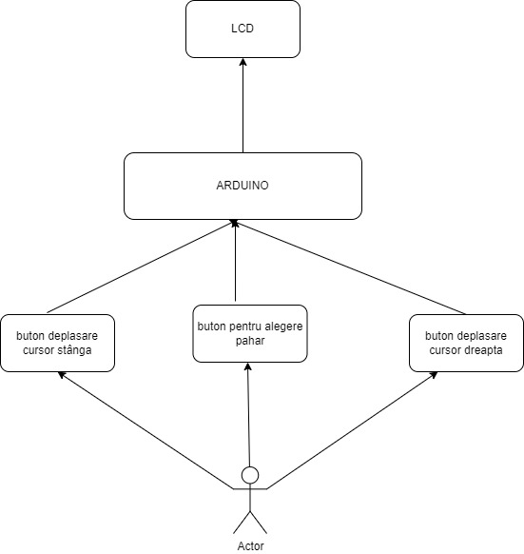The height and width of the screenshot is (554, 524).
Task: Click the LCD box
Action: click(x=243, y=29)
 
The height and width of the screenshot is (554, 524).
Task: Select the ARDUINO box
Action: click(x=243, y=186)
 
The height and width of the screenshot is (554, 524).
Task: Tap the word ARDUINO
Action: click(x=243, y=186)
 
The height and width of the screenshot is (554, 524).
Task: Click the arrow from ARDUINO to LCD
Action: click(x=243, y=106)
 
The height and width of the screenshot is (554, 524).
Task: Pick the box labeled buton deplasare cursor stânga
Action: click(x=58, y=343)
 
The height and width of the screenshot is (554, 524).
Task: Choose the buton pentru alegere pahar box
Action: click(x=250, y=333)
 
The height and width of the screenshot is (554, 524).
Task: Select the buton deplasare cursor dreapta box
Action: click(x=466, y=343)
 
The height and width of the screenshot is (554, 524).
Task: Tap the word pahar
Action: click(x=250, y=341)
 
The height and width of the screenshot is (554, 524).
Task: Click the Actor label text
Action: click(x=251, y=545)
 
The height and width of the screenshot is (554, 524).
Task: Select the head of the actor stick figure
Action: click(x=250, y=475)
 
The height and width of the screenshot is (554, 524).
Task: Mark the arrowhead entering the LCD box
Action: click(x=243, y=62)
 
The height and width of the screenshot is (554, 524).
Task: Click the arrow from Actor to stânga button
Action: click(x=146, y=430)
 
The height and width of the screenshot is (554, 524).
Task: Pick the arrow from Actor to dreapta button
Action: click(x=353, y=430)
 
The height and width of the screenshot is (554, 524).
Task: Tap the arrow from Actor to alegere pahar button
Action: click(x=248, y=414)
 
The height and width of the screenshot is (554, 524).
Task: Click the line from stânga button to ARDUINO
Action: click(x=141, y=267)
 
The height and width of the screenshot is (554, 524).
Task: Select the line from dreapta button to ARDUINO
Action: click(x=350, y=267)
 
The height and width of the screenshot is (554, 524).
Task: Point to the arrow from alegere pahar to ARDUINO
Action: click(x=235, y=261)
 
